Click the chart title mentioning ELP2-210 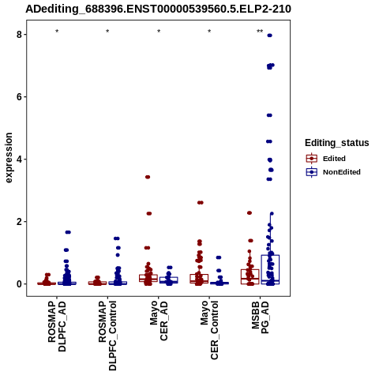coord(158,9)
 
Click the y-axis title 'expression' coord(9,158)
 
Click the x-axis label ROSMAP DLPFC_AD coord(57,326)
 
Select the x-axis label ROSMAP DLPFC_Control coord(107,336)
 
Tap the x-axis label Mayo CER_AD coord(159,321)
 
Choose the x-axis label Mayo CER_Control coord(209,330)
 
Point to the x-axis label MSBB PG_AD coord(260,317)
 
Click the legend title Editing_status coord(337,143)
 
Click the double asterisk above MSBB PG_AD coord(260,32)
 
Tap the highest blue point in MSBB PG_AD coord(269,36)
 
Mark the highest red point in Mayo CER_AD coord(148,177)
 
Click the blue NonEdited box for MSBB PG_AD coord(270,269)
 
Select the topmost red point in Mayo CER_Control coord(201,203)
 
